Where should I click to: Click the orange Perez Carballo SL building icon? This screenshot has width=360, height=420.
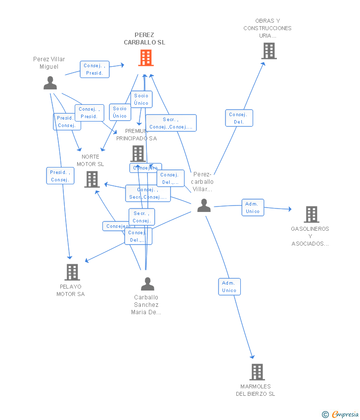[x=145, y=58]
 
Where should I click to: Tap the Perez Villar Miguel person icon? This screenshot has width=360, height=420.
[x=50, y=83]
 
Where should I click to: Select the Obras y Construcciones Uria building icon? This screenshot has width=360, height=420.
[x=269, y=51]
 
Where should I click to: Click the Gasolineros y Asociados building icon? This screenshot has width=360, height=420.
[x=311, y=214]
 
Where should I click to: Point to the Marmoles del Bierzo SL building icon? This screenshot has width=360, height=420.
[x=257, y=372]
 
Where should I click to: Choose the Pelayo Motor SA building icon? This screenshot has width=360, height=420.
[x=72, y=272]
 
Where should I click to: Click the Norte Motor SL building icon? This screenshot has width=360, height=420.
[x=92, y=179]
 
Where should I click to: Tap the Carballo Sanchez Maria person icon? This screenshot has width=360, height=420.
[x=147, y=284]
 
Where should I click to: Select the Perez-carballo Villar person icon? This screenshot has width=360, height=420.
[x=204, y=206]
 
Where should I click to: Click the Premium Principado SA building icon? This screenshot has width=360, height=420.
[x=137, y=153]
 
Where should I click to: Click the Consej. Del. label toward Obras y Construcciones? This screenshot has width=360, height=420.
[x=239, y=118]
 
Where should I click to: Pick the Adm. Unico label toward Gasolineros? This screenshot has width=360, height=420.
[x=253, y=208]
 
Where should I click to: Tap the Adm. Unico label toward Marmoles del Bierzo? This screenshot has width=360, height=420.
[x=229, y=287]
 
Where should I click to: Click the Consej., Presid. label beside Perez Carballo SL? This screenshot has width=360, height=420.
[x=94, y=69]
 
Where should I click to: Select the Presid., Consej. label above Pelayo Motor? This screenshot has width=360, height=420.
[x=60, y=176]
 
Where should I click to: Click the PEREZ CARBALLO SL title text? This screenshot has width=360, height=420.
[x=144, y=39]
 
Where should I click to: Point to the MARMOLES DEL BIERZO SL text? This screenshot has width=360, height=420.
[x=256, y=390]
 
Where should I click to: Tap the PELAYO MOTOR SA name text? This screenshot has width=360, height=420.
[x=71, y=290]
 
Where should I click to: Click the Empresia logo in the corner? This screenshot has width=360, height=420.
[x=341, y=414]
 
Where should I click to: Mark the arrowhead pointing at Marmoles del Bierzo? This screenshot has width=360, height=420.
[x=253, y=357]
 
